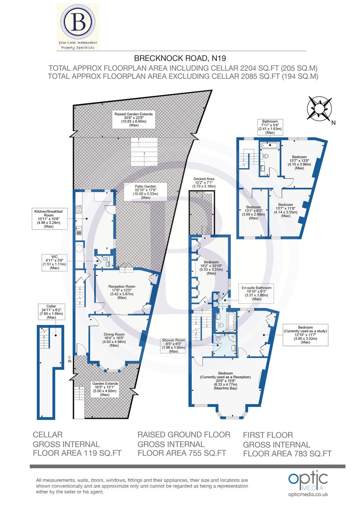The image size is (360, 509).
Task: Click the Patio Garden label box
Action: [146, 191]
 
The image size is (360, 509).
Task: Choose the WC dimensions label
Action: [54, 262]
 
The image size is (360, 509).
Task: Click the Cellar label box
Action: [51, 311]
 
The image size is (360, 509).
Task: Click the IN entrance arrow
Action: [70, 359]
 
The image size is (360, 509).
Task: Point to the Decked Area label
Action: [204, 183]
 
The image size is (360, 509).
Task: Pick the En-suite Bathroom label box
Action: [256, 293]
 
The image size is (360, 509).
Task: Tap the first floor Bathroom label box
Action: [270, 127]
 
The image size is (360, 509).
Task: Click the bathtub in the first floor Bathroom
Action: [270, 145]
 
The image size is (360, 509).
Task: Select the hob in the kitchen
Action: [79, 209]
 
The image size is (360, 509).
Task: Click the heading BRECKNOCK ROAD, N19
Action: [180, 58]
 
